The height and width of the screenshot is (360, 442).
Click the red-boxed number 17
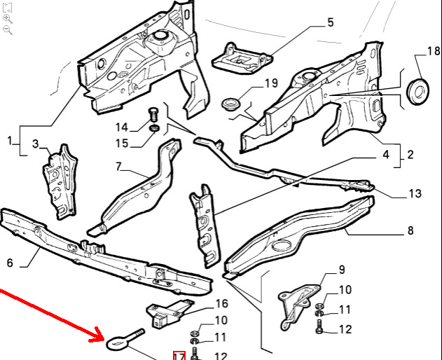179,356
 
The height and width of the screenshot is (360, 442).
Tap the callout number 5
331,22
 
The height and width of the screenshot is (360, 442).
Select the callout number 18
434,51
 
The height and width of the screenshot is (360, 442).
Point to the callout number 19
271,83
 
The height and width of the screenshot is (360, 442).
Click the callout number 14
122,127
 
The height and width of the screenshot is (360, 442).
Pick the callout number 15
122,143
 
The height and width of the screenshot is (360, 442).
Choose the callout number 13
415,193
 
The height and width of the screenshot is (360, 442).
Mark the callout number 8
410,230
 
